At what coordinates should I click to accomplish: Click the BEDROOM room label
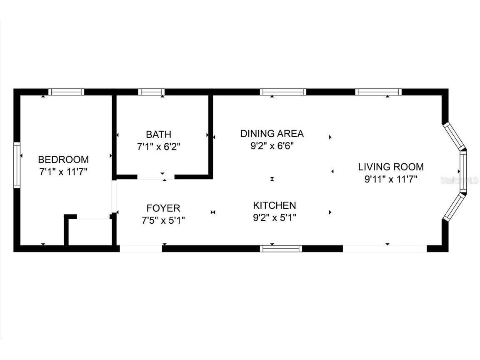pos(63,160)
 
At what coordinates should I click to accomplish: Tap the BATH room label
pos(159,135)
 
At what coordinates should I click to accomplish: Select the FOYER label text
pos(163,208)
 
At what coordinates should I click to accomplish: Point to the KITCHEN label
pos(274,205)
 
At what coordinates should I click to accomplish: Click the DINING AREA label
pos(272,133)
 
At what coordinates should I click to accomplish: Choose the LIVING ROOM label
pos(391,167)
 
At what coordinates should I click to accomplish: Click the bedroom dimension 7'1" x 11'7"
pos(63,172)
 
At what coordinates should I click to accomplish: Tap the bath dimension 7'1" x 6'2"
pos(159,147)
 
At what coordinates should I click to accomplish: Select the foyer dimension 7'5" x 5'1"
pos(163,220)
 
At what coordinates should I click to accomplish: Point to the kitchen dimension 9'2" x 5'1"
pos(274,217)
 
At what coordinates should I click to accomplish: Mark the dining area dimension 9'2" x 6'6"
pos(272,146)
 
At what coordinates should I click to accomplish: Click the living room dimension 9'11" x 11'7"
pos(391,179)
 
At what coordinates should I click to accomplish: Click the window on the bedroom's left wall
pos(17,165)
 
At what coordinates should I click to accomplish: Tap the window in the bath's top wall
pos(151,92)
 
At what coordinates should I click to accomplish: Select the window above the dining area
pos(283,92)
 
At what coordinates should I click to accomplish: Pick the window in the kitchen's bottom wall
pos(281,248)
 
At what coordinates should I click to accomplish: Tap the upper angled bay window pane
pos(454,136)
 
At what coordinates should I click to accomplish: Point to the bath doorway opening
pos(156,177)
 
